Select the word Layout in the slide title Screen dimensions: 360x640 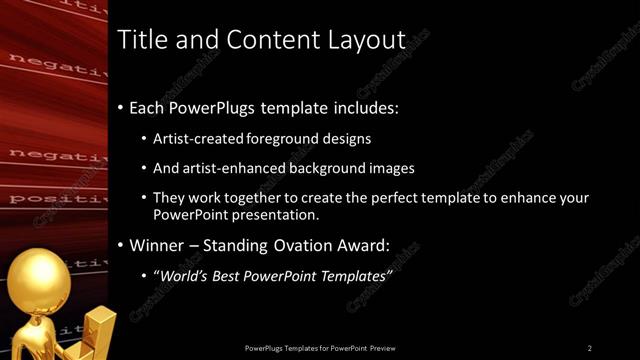tap(367, 41)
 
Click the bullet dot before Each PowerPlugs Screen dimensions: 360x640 tap(121, 106)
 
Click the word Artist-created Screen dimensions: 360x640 tap(198, 139)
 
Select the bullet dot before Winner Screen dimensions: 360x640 tap(121, 245)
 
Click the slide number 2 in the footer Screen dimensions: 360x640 tap(590, 348)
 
